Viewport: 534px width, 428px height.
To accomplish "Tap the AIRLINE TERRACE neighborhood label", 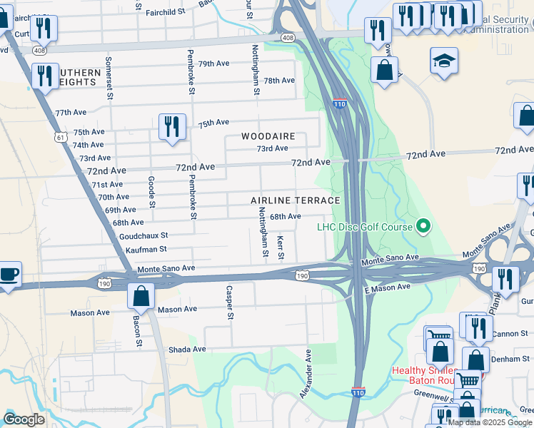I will tap(296, 200).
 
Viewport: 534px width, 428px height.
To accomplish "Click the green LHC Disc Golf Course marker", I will tap(423, 227).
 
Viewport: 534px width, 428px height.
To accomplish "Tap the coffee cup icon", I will tap(9, 274).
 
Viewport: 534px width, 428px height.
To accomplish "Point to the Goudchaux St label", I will tap(143, 235).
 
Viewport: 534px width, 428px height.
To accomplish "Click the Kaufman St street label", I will tap(146, 249).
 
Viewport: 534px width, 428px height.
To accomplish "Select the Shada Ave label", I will tap(187, 349).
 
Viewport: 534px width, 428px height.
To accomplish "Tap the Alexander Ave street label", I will tap(308, 368).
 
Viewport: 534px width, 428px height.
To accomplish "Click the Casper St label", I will tap(229, 302).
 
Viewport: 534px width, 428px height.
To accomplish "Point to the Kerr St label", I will tap(281, 247).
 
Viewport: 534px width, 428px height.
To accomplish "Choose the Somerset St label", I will tap(109, 78).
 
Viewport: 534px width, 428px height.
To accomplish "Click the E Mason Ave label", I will tap(387, 287).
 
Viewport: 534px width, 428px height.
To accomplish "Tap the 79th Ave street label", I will tap(213, 63).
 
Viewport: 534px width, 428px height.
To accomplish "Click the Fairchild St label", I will tap(165, 12).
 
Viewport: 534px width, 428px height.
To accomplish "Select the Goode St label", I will tap(151, 192).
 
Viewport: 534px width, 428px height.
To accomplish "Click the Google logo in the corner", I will tap(24, 419).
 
